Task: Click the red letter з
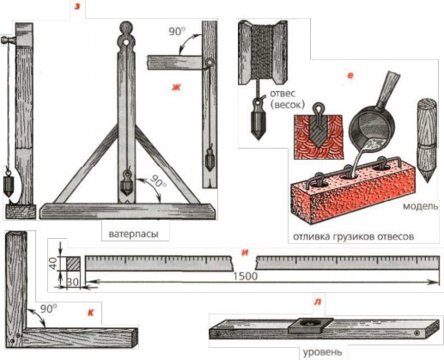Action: click(x=77, y=7)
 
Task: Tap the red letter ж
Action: click(x=176, y=87)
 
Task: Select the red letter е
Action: click(x=350, y=76)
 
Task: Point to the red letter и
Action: click(x=245, y=253)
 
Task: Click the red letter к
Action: click(x=90, y=313)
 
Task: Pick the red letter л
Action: click(x=318, y=302)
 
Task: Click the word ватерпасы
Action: click(x=133, y=234)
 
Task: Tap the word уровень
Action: click(x=322, y=351)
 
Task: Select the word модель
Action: click(x=420, y=206)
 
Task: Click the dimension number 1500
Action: click(x=246, y=276)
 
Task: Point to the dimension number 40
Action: click(x=53, y=263)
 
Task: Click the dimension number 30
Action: click(x=73, y=282)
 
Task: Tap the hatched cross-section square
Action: click(x=73, y=264)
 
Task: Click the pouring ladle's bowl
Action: click(x=372, y=126)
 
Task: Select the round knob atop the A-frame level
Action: click(x=126, y=29)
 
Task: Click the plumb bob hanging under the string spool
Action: click(x=258, y=119)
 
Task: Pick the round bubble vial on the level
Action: click(x=310, y=324)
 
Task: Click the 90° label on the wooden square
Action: click(x=48, y=308)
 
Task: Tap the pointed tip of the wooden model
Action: click(x=428, y=181)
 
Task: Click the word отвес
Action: click(x=283, y=94)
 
